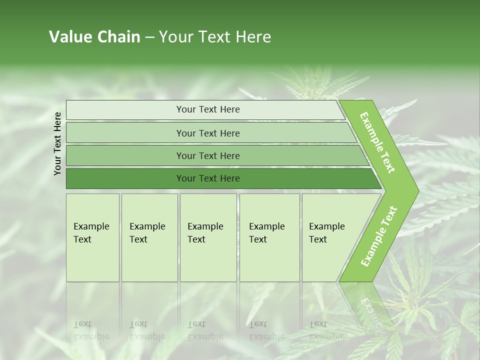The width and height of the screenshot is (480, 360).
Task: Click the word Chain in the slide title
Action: (x=118, y=37)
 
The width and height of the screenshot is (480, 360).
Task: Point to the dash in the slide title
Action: (x=149, y=37)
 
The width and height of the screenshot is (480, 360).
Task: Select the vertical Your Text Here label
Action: (x=57, y=143)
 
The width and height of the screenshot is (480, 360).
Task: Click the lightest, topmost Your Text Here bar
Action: (x=207, y=109)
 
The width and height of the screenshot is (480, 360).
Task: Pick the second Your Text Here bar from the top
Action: (x=207, y=133)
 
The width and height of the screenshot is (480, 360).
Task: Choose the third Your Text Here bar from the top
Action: (x=207, y=155)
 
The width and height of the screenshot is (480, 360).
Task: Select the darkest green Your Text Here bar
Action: (x=207, y=178)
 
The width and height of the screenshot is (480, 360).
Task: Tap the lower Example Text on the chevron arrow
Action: (x=379, y=236)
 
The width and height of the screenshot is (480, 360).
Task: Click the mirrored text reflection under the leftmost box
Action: (x=91, y=330)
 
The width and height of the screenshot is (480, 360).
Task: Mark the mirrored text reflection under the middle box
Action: (x=205, y=330)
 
